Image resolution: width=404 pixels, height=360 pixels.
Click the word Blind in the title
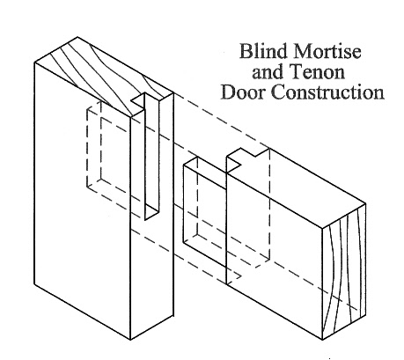click(x=262, y=51)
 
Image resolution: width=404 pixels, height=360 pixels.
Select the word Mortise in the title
click(x=327, y=51)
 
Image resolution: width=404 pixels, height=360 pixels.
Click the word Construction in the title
click(x=327, y=92)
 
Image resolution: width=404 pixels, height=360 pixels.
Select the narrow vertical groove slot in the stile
click(x=152, y=157)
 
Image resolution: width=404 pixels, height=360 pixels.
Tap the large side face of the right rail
click(x=275, y=240)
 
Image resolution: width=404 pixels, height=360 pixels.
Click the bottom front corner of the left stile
click(x=130, y=340)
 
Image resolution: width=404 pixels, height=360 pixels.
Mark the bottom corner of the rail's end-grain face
click(x=322, y=340)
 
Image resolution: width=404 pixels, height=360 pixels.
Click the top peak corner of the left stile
click(x=77, y=37)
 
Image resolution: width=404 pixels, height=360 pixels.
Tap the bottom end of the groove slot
click(x=152, y=213)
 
